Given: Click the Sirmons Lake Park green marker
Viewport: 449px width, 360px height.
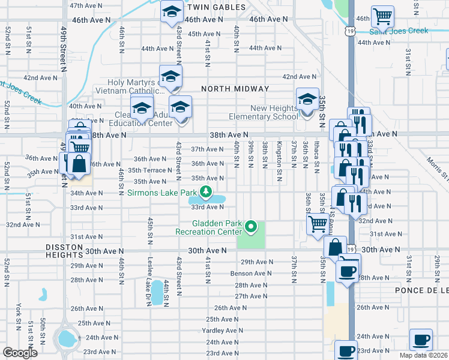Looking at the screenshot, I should click(206, 192).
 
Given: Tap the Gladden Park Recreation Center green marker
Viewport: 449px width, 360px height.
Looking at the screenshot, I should click(252, 227).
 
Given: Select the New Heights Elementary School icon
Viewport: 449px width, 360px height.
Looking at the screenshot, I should click(307, 99).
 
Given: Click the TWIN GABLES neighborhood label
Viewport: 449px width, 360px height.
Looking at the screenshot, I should click(216, 7).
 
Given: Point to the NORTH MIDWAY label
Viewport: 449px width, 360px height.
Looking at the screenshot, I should click(235, 89).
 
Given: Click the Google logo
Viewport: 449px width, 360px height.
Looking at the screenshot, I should click(20, 353).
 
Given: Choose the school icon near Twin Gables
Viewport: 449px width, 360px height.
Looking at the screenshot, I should click(172, 12).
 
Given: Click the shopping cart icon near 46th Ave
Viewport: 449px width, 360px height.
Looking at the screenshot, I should click(382, 16).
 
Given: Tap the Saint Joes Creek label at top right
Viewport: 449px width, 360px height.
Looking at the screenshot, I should click(399, 31).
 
